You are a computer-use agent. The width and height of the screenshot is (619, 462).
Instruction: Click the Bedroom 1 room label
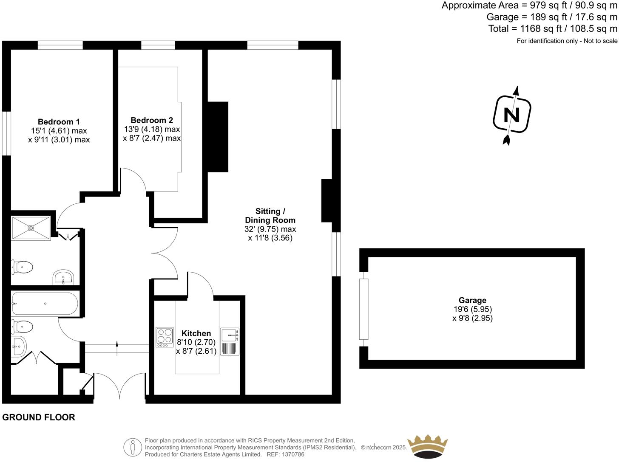click(59, 121)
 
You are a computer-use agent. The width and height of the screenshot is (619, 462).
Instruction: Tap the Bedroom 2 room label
click(152, 120)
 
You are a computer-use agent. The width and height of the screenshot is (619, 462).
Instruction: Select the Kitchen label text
click(196, 333)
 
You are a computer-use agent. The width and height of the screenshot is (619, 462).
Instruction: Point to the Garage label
click(472, 300)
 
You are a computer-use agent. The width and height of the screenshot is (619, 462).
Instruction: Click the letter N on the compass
click(512, 115)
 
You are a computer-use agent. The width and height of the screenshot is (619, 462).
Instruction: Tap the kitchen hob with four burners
click(165, 337)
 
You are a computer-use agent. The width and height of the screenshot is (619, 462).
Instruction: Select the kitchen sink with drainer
click(230, 341)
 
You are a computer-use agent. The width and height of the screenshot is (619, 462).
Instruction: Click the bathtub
click(45, 304)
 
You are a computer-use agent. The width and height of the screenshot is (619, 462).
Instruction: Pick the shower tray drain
click(31, 228)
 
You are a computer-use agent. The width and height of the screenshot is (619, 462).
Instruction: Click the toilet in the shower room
click(22, 267)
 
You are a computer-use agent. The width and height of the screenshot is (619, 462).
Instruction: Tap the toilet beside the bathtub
click(22, 327)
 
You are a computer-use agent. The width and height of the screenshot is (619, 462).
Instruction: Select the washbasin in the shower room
click(63, 277)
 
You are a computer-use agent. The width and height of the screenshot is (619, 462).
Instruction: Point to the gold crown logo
click(428, 447)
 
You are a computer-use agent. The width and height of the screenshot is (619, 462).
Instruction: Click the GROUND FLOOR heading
click(39, 417)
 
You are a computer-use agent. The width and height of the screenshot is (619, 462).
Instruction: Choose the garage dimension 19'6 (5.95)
click(473, 309)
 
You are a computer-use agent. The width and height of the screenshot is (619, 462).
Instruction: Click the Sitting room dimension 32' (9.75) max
click(270, 229)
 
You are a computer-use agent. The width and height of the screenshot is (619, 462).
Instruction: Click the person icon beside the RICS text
click(133, 448)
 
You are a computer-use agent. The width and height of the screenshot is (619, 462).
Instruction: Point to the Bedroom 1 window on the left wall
click(6, 133)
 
